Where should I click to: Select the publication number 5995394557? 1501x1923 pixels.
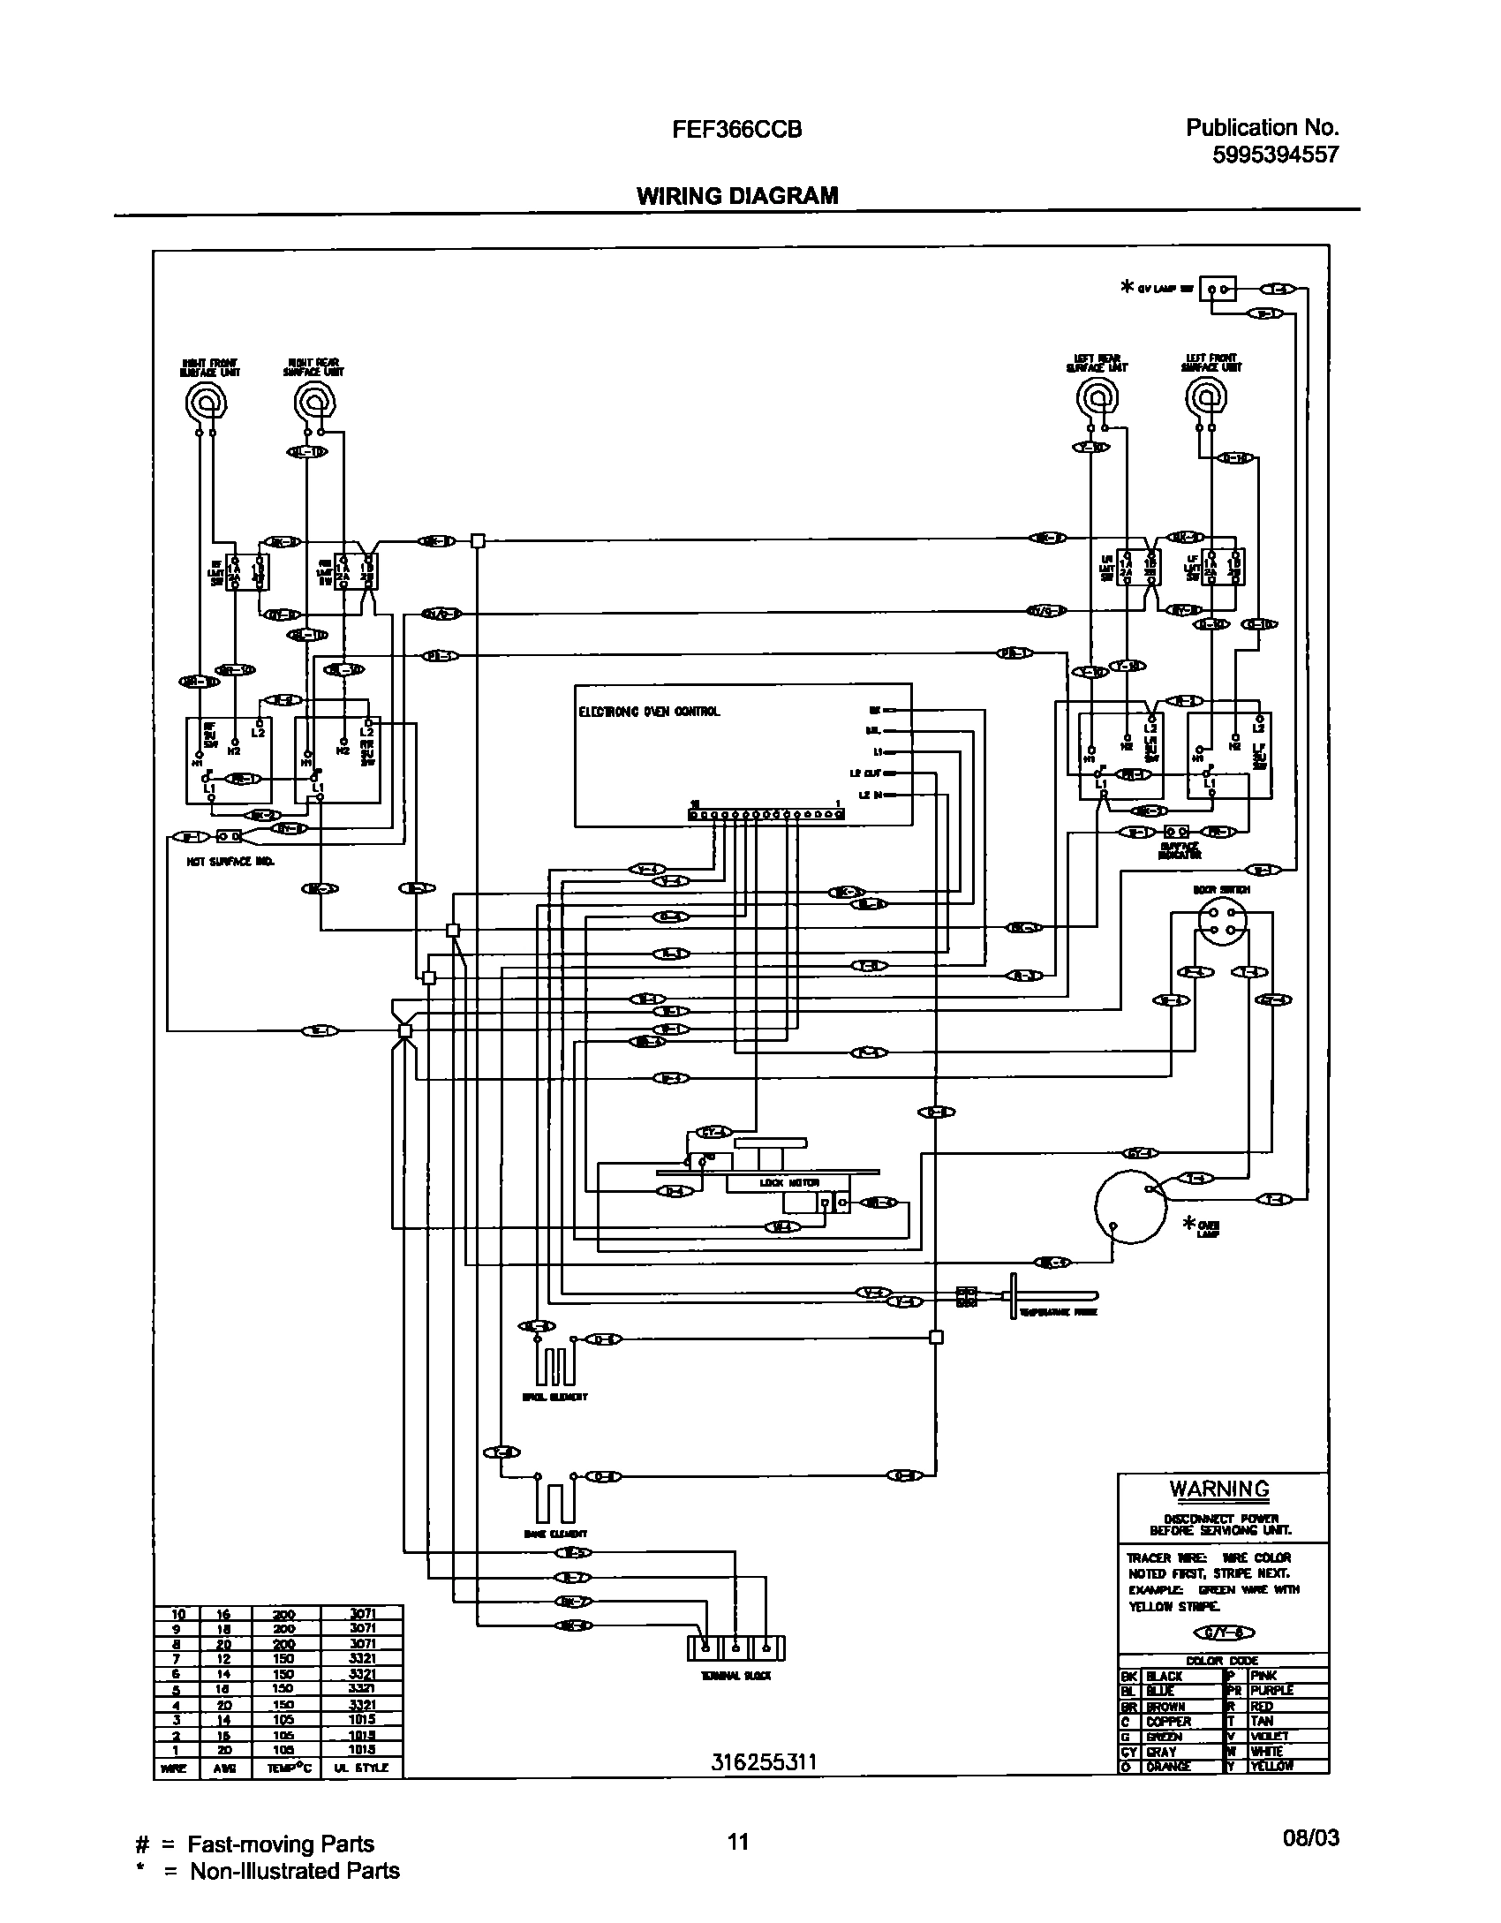pos(1275,155)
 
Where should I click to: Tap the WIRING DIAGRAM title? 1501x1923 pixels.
pos(737,195)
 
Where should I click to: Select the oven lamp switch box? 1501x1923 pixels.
pos(1218,289)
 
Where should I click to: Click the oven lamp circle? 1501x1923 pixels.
pos(1130,1206)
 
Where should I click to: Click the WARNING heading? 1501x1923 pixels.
pos(1219,1489)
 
